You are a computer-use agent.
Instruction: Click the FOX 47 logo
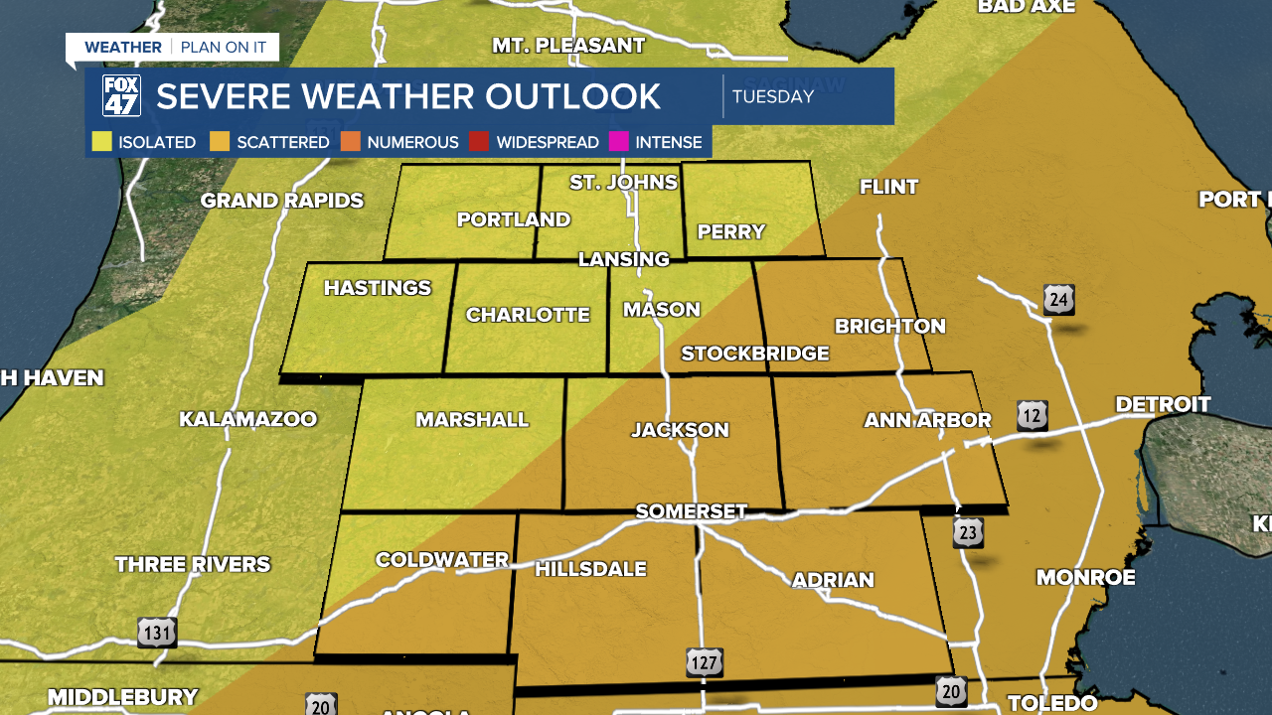[x=121, y=96]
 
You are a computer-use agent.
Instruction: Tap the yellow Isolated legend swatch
[x=101, y=142]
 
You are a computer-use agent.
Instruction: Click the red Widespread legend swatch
[x=479, y=142]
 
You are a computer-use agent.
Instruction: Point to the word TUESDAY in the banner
[x=773, y=97]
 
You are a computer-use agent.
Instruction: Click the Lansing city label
[x=624, y=259]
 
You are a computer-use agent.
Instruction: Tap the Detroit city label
[x=1163, y=404]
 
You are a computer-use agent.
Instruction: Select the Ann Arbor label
[x=927, y=420]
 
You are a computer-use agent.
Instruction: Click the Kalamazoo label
[x=247, y=419]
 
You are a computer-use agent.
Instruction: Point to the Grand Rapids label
[x=282, y=201]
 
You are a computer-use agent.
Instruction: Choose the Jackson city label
[x=681, y=430]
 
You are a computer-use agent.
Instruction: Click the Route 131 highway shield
[x=157, y=632]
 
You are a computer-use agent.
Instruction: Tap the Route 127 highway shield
[x=704, y=662]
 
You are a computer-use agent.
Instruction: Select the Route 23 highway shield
[x=968, y=533]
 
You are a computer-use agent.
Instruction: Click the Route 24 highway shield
[x=1058, y=299]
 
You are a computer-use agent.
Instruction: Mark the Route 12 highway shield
[x=1033, y=416]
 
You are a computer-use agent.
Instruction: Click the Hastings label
[x=378, y=288]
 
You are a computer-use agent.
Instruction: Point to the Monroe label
[x=1085, y=577]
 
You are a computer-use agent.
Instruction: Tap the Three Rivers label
[x=193, y=564]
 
